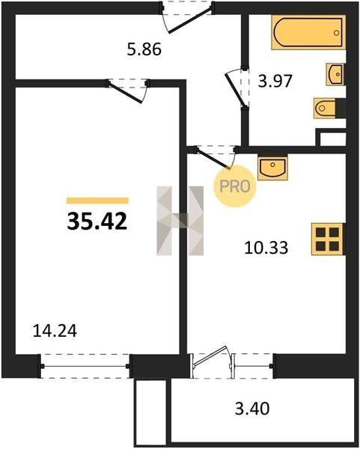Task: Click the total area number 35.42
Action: (x=97, y=222)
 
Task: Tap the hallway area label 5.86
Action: (x=144, y=49)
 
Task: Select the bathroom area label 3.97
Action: (x=275, y=81)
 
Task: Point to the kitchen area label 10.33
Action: (x=266, y=248)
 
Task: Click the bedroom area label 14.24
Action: (x=55, y=331)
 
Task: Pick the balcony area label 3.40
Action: (x=252, y=409)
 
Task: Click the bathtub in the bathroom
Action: (x=308, y=32)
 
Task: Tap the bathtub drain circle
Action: (x=336, y=33)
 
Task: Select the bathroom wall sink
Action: (x=335, y=74)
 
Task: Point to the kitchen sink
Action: (x=272, y=168)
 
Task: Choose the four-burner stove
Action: (x=328, y=239)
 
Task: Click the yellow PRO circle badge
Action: (x=235, y=186)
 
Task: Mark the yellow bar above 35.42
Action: (x=97, y=201)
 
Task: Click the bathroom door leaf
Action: (x=236, y=91)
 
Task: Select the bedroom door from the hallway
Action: (x=125, y=92)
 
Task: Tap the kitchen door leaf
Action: (x=213, y=158)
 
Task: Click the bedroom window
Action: (x=85, y=366)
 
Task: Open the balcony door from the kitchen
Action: (x=211, y=357)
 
